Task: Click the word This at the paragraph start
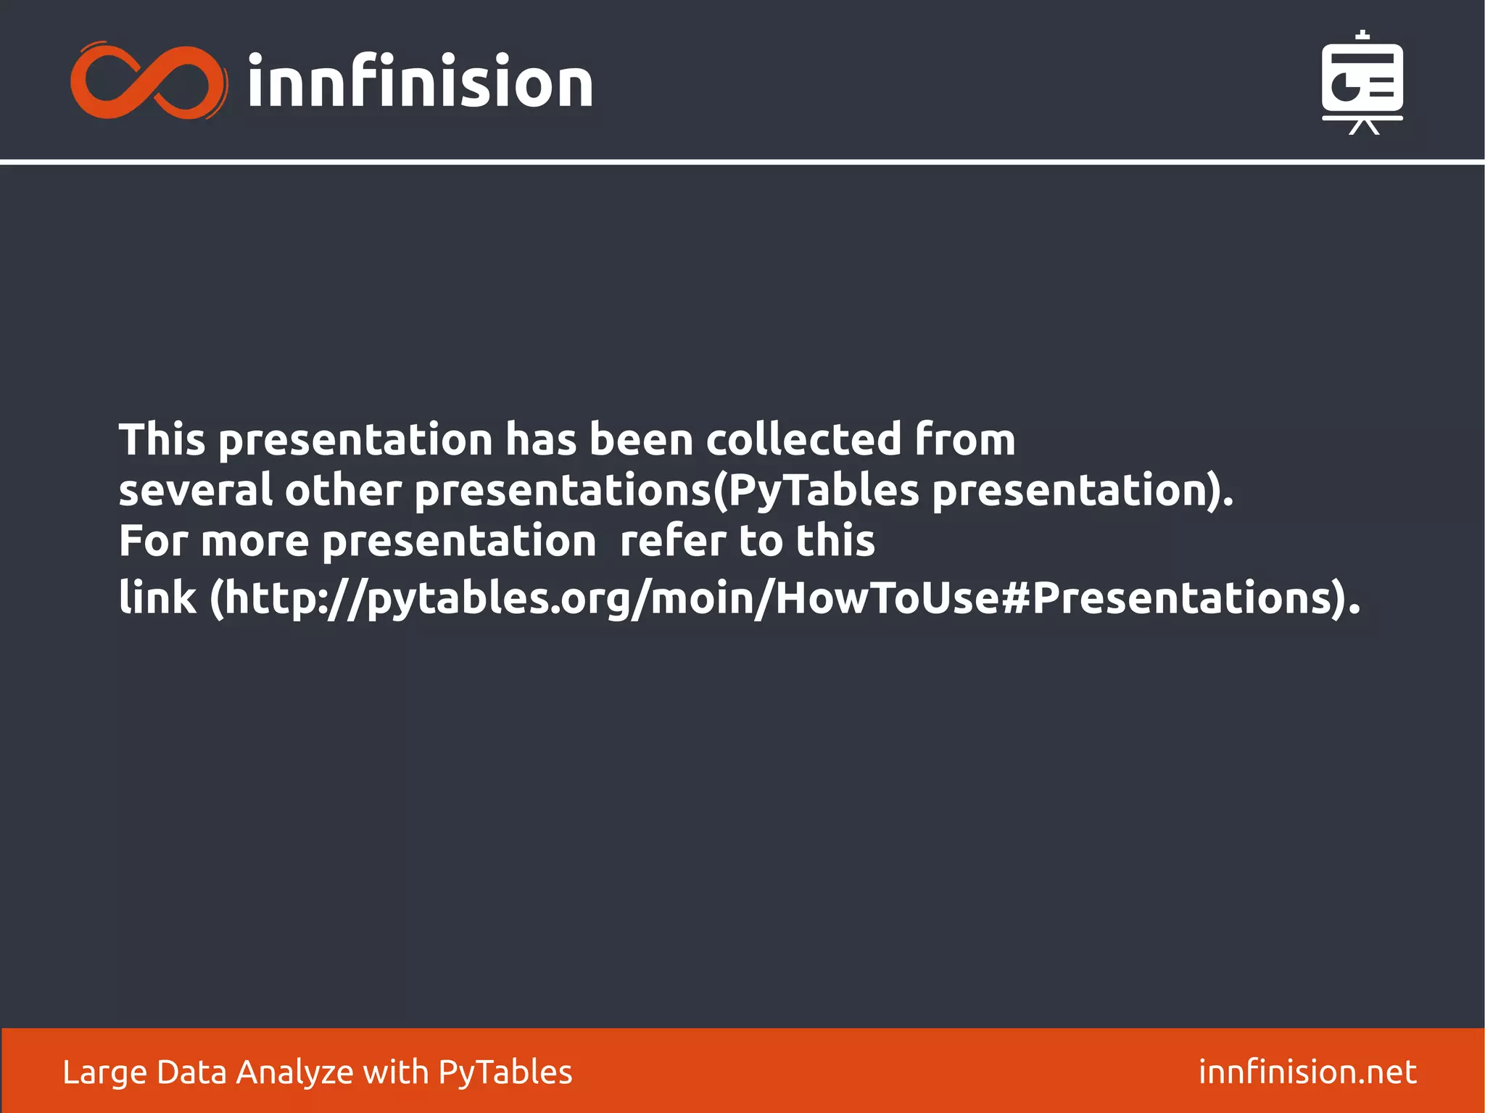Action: [162, 439]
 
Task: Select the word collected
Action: [803, 439]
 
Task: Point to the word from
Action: [965, 439]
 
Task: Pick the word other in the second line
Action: [342, 490]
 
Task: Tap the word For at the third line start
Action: [153, 541]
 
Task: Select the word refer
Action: [673, 541]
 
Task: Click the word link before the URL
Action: [157, 598]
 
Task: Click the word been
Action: [641, 439]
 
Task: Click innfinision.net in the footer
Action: [1307, 1072]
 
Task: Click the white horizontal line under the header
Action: [742, 162]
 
